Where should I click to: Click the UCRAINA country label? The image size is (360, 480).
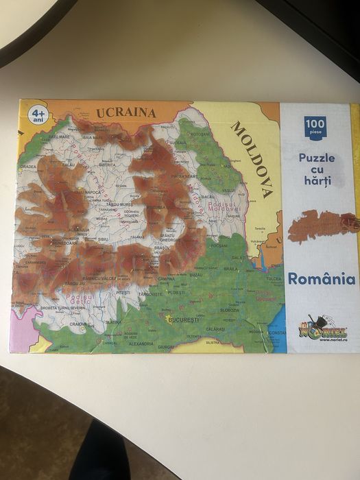coord(126,112)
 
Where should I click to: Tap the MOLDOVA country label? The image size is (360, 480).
coord(251,159)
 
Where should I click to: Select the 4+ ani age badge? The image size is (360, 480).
coord(38,113)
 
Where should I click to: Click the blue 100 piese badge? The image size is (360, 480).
coord(315,127)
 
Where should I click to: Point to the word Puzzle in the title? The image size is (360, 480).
coord(317,158)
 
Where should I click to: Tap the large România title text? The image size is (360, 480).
coord(321,279)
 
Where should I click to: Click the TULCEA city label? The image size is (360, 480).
coord(273,279)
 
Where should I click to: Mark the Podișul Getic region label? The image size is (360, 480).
coord(79,298)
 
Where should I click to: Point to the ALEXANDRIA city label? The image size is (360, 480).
coord(141,344)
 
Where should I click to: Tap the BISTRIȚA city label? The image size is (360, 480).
coord(107,165)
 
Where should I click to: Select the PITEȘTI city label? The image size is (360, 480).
coord(123,292)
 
